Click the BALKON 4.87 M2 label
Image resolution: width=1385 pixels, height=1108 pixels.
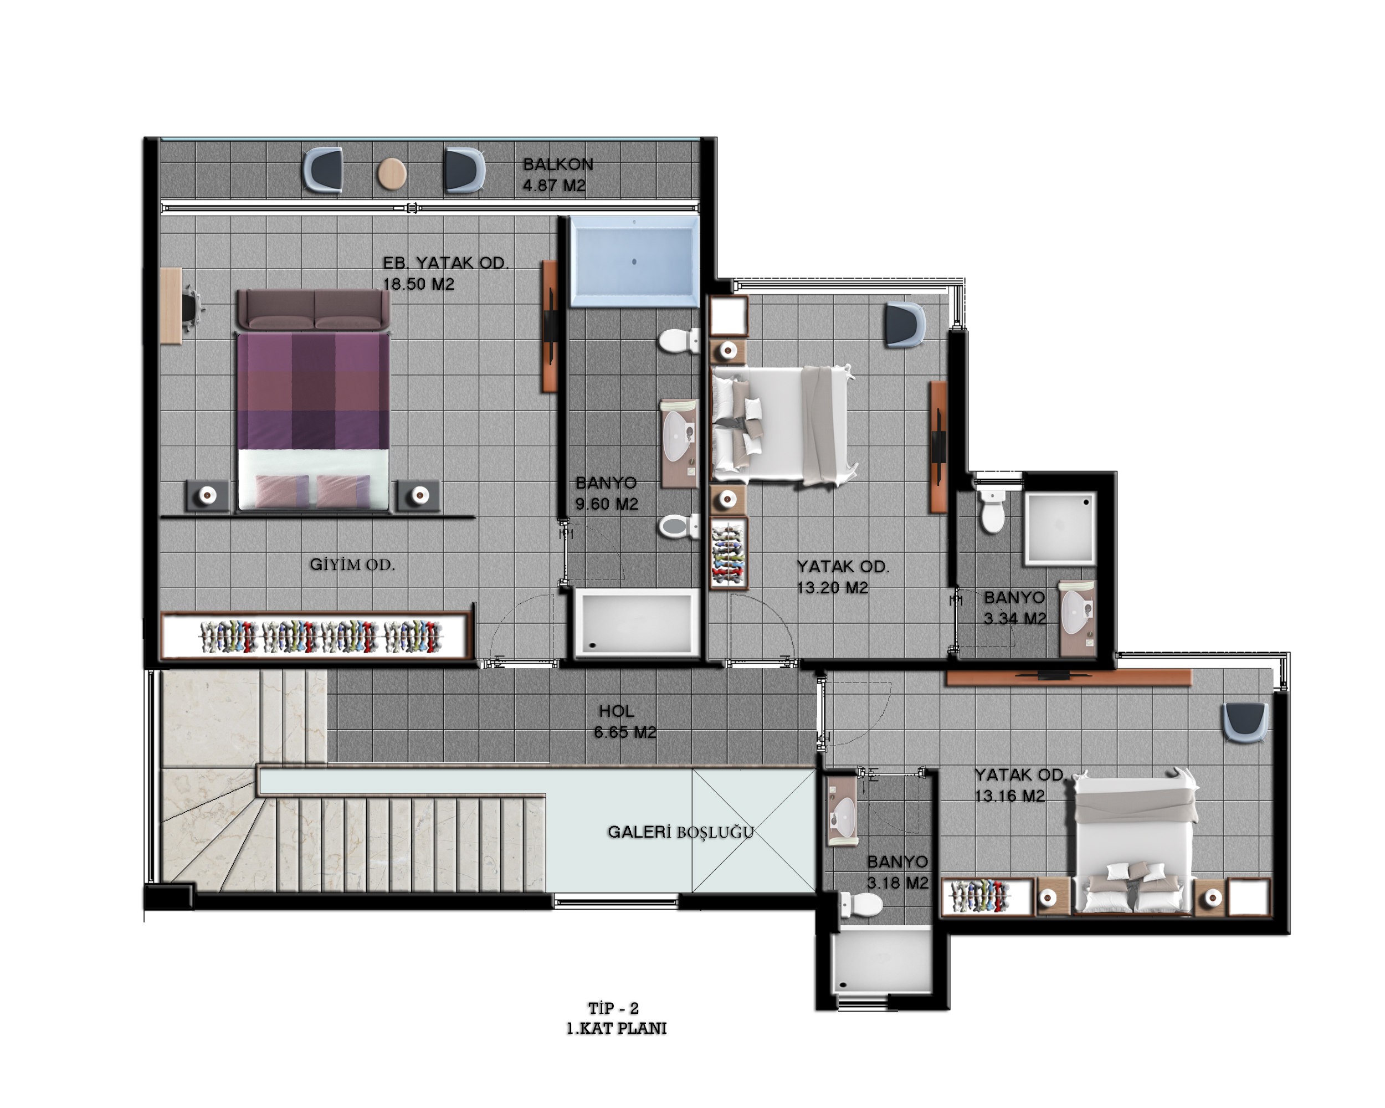pos(557,175)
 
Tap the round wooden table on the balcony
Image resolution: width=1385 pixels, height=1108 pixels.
pos(391,173)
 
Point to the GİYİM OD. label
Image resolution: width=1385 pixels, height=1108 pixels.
pos(352,565)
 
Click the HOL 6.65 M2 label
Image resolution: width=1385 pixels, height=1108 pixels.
pos(624,721)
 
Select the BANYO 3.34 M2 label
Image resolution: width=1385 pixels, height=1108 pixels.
pos(1015,608)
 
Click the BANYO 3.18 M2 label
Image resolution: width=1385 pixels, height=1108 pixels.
pos(897,871)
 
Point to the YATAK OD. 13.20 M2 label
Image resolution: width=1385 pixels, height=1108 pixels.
pos(843,577)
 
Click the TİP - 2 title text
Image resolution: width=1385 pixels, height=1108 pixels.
pos(613,1008)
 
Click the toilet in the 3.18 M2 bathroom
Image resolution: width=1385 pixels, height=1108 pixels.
pos(861,904)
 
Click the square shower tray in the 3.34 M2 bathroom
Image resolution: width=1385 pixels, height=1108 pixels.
pos(1059,529)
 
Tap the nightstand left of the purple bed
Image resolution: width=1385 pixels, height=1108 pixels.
pos(207,496)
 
